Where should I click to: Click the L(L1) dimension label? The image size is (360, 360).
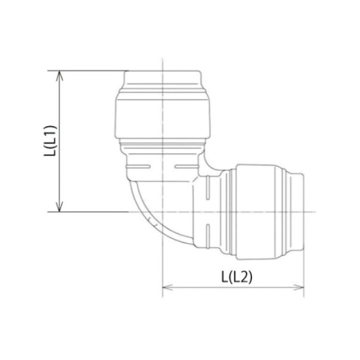[x=50, y=141]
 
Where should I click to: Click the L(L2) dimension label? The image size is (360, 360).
[x=236, y=276]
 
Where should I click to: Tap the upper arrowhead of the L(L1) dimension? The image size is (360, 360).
[x=59, y=76]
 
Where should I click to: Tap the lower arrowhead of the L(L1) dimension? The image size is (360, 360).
[x=59, y=206]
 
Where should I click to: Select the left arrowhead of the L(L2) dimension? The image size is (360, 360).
[x=167, y=287]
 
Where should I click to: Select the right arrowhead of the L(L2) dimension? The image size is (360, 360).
[x=298, y=287]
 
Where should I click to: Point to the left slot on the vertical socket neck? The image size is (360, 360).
[x=138, y=166]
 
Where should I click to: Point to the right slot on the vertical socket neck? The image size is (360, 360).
[x=187, y=166]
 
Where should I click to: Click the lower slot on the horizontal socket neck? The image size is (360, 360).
[x=208, y=236]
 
